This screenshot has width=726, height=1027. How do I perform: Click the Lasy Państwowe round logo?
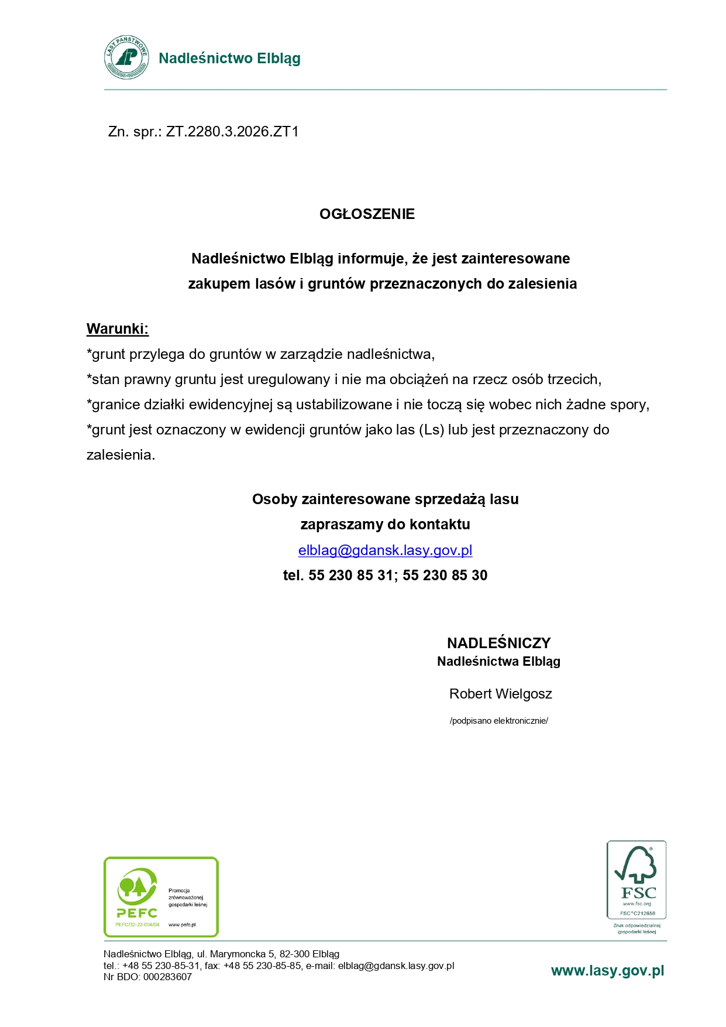click(x=126, y=57)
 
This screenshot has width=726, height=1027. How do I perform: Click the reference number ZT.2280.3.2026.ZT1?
click(x=232, y=132)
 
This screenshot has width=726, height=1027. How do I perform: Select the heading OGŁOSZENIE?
click(x=367, y=214)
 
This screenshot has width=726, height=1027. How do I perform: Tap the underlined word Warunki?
click(x=118, y=329)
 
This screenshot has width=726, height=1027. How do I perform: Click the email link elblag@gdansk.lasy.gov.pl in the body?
click(x=385, y=550)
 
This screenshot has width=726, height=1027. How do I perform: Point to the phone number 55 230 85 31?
click(x=350, y=576)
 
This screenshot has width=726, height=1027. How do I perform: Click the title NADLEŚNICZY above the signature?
click(x=498, y=643)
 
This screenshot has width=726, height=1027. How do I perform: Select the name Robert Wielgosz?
click(x=500, y=694)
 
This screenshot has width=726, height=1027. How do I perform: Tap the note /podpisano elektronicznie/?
click(x=498, y=721)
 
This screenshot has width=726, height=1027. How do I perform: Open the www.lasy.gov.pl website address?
click(x=607, y=971)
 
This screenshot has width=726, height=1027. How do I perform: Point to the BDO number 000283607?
click(x=167, y=977)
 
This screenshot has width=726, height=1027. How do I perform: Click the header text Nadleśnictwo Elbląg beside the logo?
click(x=229, y=59)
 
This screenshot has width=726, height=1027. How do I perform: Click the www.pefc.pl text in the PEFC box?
click(x=182, y=925)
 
